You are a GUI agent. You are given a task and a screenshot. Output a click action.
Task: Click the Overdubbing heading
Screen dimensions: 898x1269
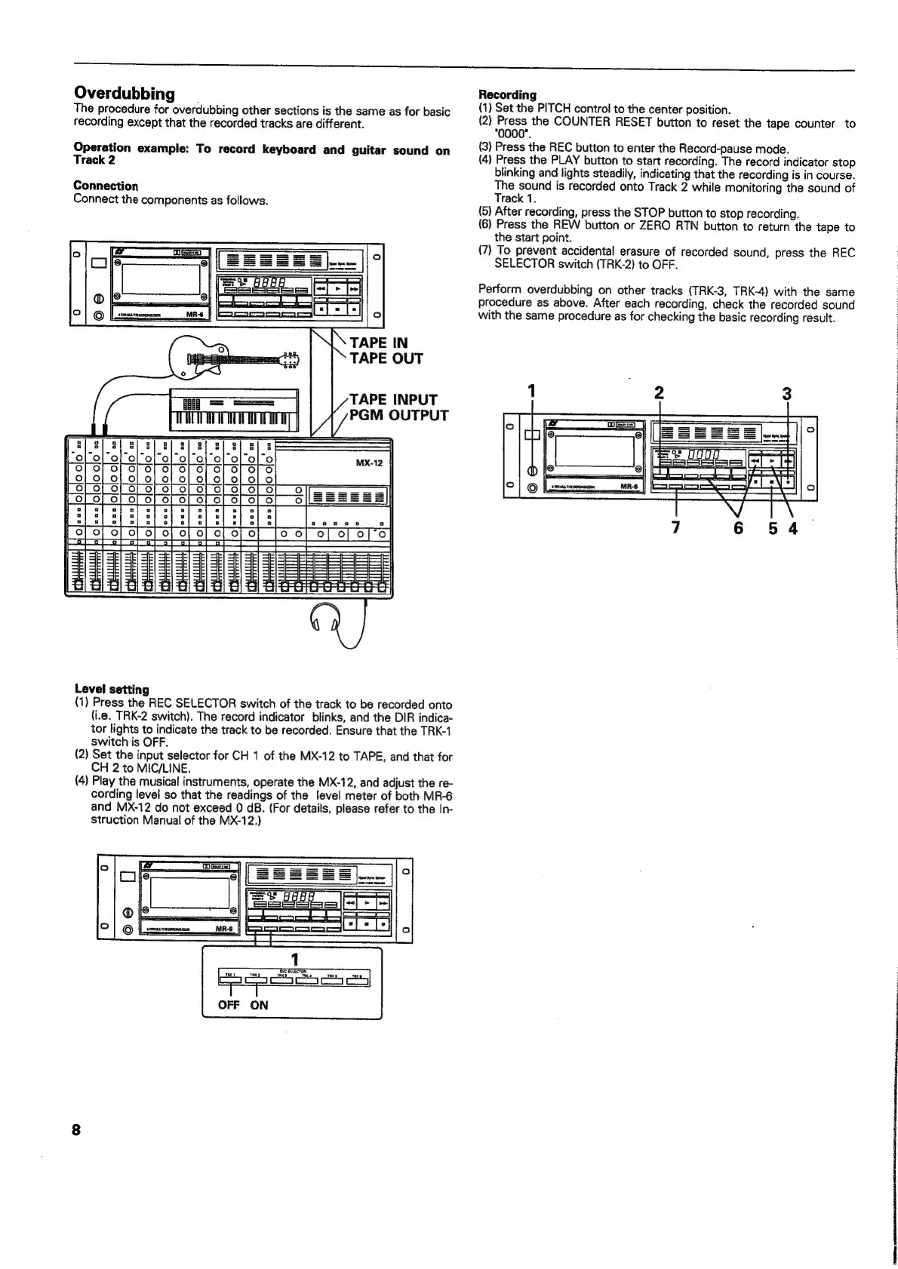[x=125, y=94]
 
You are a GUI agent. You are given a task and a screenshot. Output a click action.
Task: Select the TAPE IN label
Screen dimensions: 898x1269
[x=379, y=343]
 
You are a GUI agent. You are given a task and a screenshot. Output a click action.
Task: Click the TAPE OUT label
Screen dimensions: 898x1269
[x=386, y=359]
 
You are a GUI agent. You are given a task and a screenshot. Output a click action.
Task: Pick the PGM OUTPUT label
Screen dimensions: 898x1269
[x=399, y=416]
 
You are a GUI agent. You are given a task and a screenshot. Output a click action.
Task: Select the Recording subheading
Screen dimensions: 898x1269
[x=507, y=95]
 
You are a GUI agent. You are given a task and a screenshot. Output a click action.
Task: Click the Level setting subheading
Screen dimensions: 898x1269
[x=111, y=689]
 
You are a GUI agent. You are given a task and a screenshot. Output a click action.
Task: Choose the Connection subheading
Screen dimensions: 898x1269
[x=106, y=186]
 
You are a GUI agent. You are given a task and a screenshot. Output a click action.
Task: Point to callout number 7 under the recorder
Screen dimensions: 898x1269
[x=676, y=528]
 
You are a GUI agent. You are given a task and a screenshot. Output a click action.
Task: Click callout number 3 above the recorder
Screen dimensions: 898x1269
[x=787, y=393]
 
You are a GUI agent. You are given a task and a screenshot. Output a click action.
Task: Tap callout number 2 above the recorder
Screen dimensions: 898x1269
[x=660, y=393]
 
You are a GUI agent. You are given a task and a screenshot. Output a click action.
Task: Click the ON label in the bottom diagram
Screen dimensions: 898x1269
[x=259, y=1005]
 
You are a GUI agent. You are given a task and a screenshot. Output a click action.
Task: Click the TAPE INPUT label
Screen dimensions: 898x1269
[x=394, y=400]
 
